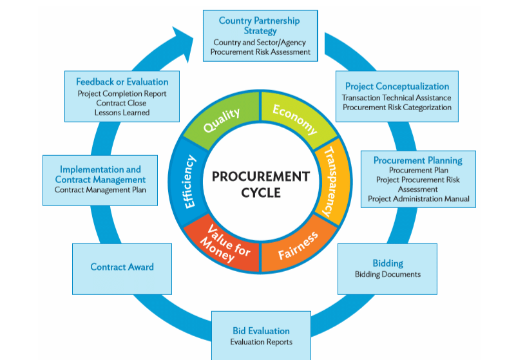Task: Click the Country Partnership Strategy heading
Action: click(259, 26)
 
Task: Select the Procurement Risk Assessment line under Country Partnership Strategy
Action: click(260, 52)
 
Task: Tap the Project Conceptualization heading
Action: click(397, 86)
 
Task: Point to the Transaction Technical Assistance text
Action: click(397, 98)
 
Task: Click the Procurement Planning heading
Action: click(417, 160)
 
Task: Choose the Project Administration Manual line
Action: click(419, 199)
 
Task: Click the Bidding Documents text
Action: click(388, 274)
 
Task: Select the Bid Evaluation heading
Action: click(261, 331)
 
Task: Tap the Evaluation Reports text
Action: click(261, 342)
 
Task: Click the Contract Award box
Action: click(122, 267)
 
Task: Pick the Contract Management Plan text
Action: click(100, 190)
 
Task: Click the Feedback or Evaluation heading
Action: click(122, 82)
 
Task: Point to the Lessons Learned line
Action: click(122, 112)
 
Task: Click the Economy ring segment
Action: click(295, 118)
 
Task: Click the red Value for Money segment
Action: click(223, 245)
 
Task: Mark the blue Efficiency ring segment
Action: click(189, 182)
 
